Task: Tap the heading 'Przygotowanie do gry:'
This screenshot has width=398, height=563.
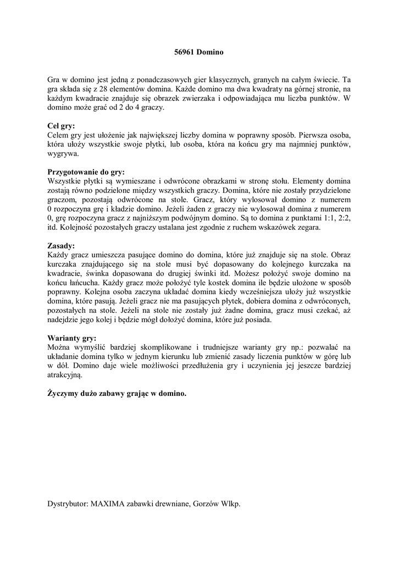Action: [x=86, y=172]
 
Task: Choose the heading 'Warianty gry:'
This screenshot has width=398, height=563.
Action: [x=72, y=338]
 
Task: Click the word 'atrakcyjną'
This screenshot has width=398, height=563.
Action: [x=64, y=375]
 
